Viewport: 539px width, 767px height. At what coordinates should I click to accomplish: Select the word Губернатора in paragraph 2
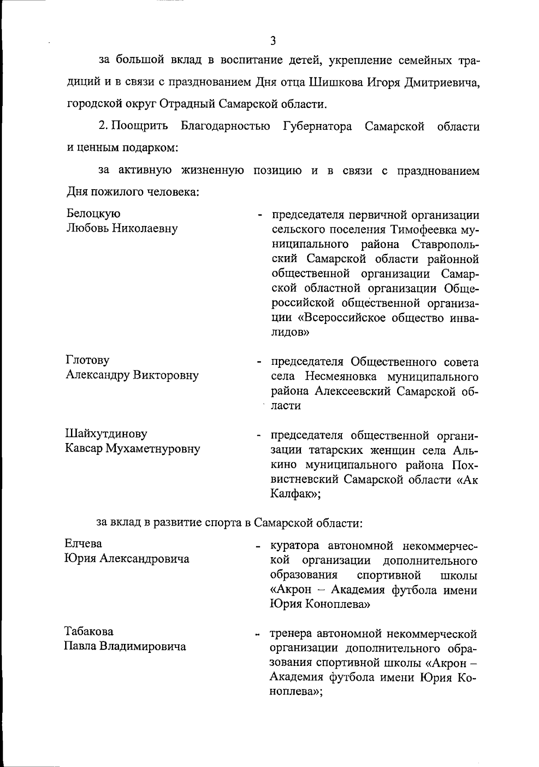point(318,126)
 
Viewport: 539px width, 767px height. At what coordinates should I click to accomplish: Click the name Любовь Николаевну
point(122,228)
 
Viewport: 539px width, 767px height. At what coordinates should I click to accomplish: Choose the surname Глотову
point(88,360)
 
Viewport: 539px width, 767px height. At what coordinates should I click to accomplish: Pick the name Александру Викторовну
point(132,375)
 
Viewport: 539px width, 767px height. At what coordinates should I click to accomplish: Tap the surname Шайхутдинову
point(106,434)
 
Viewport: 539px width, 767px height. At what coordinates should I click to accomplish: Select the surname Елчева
point(84,544)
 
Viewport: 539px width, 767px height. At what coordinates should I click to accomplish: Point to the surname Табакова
point(89,631)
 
